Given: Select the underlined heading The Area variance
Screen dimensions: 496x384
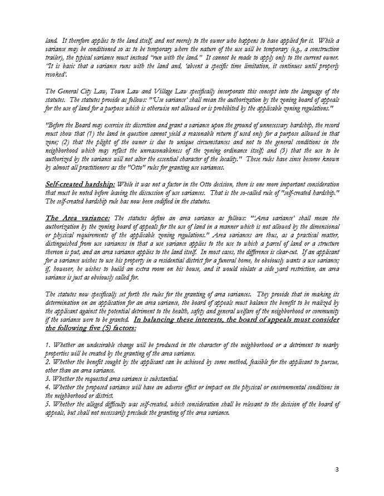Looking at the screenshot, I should click(78, 234).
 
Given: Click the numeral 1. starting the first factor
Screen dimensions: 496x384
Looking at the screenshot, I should click(47, 345).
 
